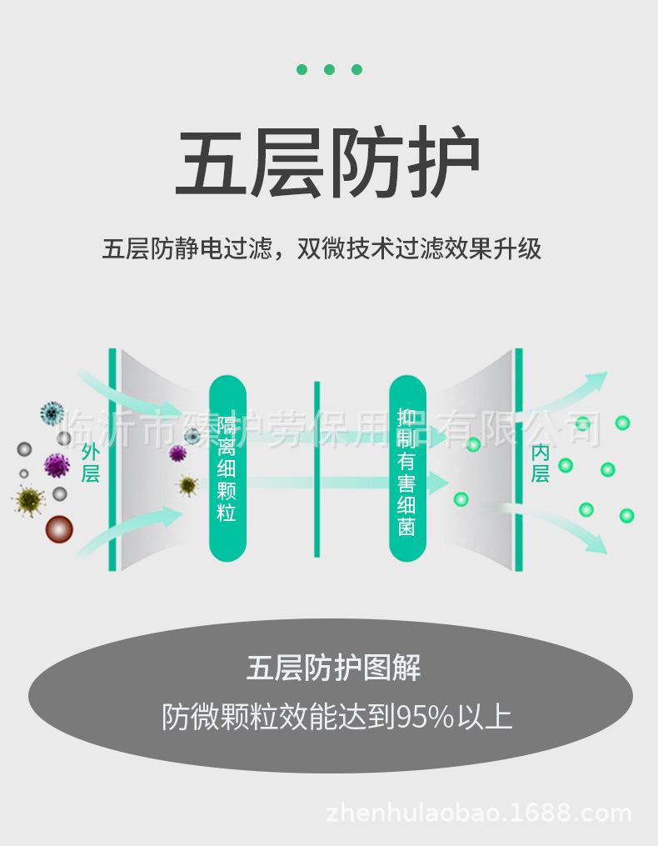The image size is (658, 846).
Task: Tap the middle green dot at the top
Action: coord(329,69)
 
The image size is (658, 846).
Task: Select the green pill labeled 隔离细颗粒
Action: coord(227,468)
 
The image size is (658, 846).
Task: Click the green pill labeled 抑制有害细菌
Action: coord(407,468)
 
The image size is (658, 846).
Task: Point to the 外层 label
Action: coord(91,463)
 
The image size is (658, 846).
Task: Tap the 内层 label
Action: coord(541,463)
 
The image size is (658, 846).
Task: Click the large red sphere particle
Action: coord(59,528)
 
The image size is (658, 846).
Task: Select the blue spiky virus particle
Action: coord(52,413)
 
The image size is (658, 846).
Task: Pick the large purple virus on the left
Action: coord(57,464)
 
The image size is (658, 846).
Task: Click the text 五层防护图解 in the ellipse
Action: coord(333,668)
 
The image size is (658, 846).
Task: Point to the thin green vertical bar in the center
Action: coord(317,469)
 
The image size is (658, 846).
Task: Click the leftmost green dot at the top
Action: coord(302,69)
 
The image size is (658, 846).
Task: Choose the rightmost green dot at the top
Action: coord(356,69)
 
